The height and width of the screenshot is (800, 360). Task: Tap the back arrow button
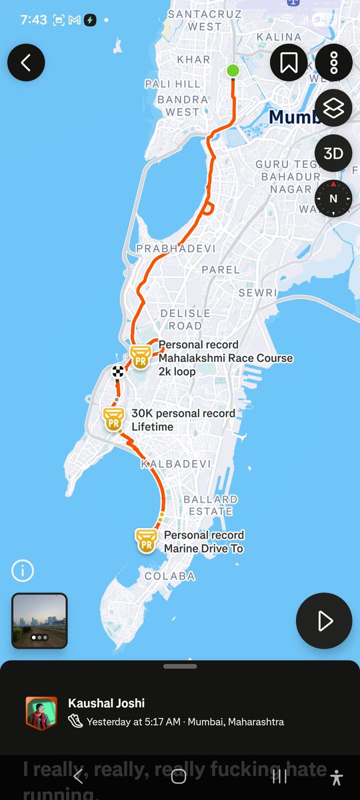coord(26,63)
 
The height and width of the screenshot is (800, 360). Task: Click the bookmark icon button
coord(289,63)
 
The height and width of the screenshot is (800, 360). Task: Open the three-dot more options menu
coord(333,63)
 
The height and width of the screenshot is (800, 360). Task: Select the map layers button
coord(333,108)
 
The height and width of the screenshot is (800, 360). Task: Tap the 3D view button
coord(333,153)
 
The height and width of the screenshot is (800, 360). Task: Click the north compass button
coord(333,198)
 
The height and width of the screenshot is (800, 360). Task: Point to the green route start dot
coord(233,71)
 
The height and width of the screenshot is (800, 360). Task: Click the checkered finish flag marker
coord(119,371)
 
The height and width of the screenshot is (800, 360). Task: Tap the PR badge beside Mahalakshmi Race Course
coord(140,357)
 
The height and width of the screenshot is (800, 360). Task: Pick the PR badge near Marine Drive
coord(146,540)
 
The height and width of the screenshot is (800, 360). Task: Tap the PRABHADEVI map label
coord(176,249)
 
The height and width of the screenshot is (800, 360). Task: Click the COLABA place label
coord(170,576)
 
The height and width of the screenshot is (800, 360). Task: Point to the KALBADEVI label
coord(176,464)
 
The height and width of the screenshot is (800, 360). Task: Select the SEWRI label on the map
coord(257,293)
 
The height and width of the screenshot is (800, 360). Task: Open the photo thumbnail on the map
coord(39,621)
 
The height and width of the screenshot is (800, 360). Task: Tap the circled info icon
coord(23,571)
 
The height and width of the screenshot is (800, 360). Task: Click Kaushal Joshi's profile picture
coord(41,713)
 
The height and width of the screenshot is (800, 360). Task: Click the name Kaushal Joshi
coord(107,703)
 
